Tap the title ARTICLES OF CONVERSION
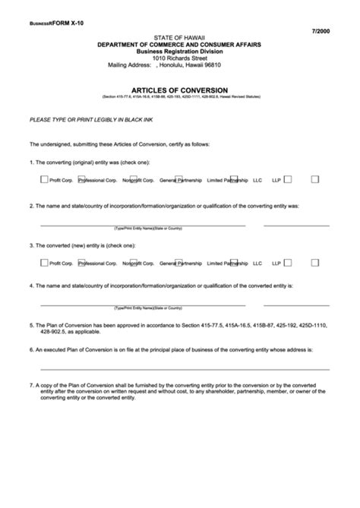pyautogui.click(x=179, y=90)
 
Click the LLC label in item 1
pyautogui.click(x=257, y=180)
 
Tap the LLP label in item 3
pyautogui.click(x=276, y=263)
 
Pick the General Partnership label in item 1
pyautogui.click(x=181, y=180)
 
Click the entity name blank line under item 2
pyautogui.click(x=142, y=225)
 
